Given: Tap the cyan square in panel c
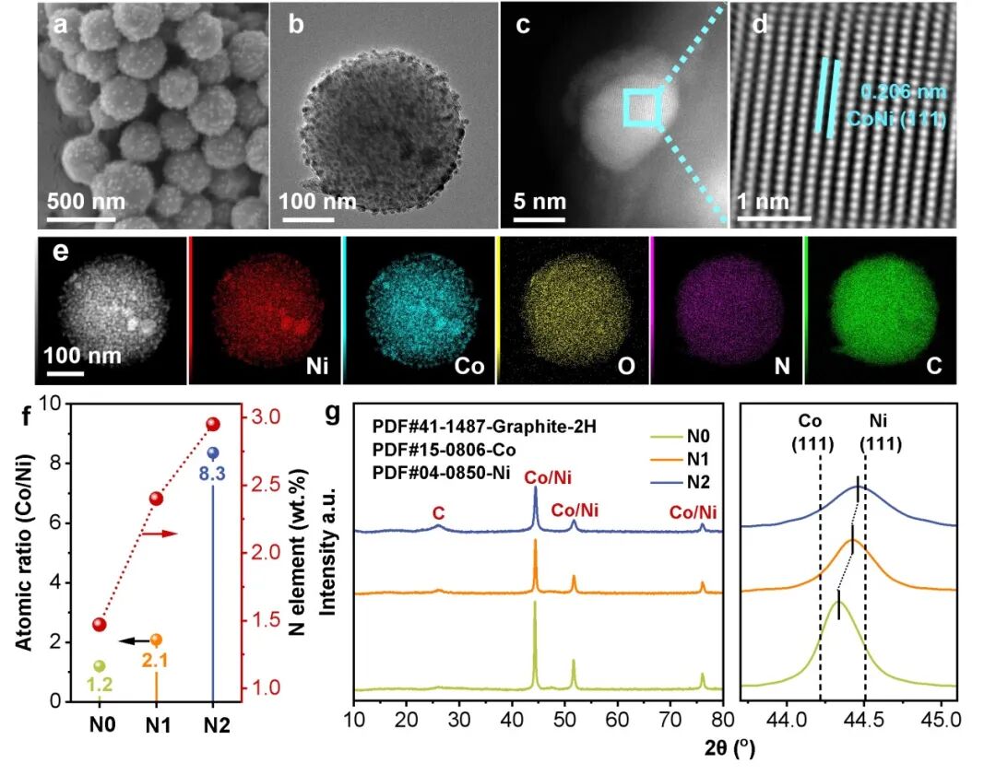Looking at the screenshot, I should pos(640,107).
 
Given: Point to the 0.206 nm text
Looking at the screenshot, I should pos(904,92).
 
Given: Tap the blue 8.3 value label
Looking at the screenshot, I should pos(212,476).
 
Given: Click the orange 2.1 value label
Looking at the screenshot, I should pos(155,660).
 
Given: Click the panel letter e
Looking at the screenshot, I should pos(62,252).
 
